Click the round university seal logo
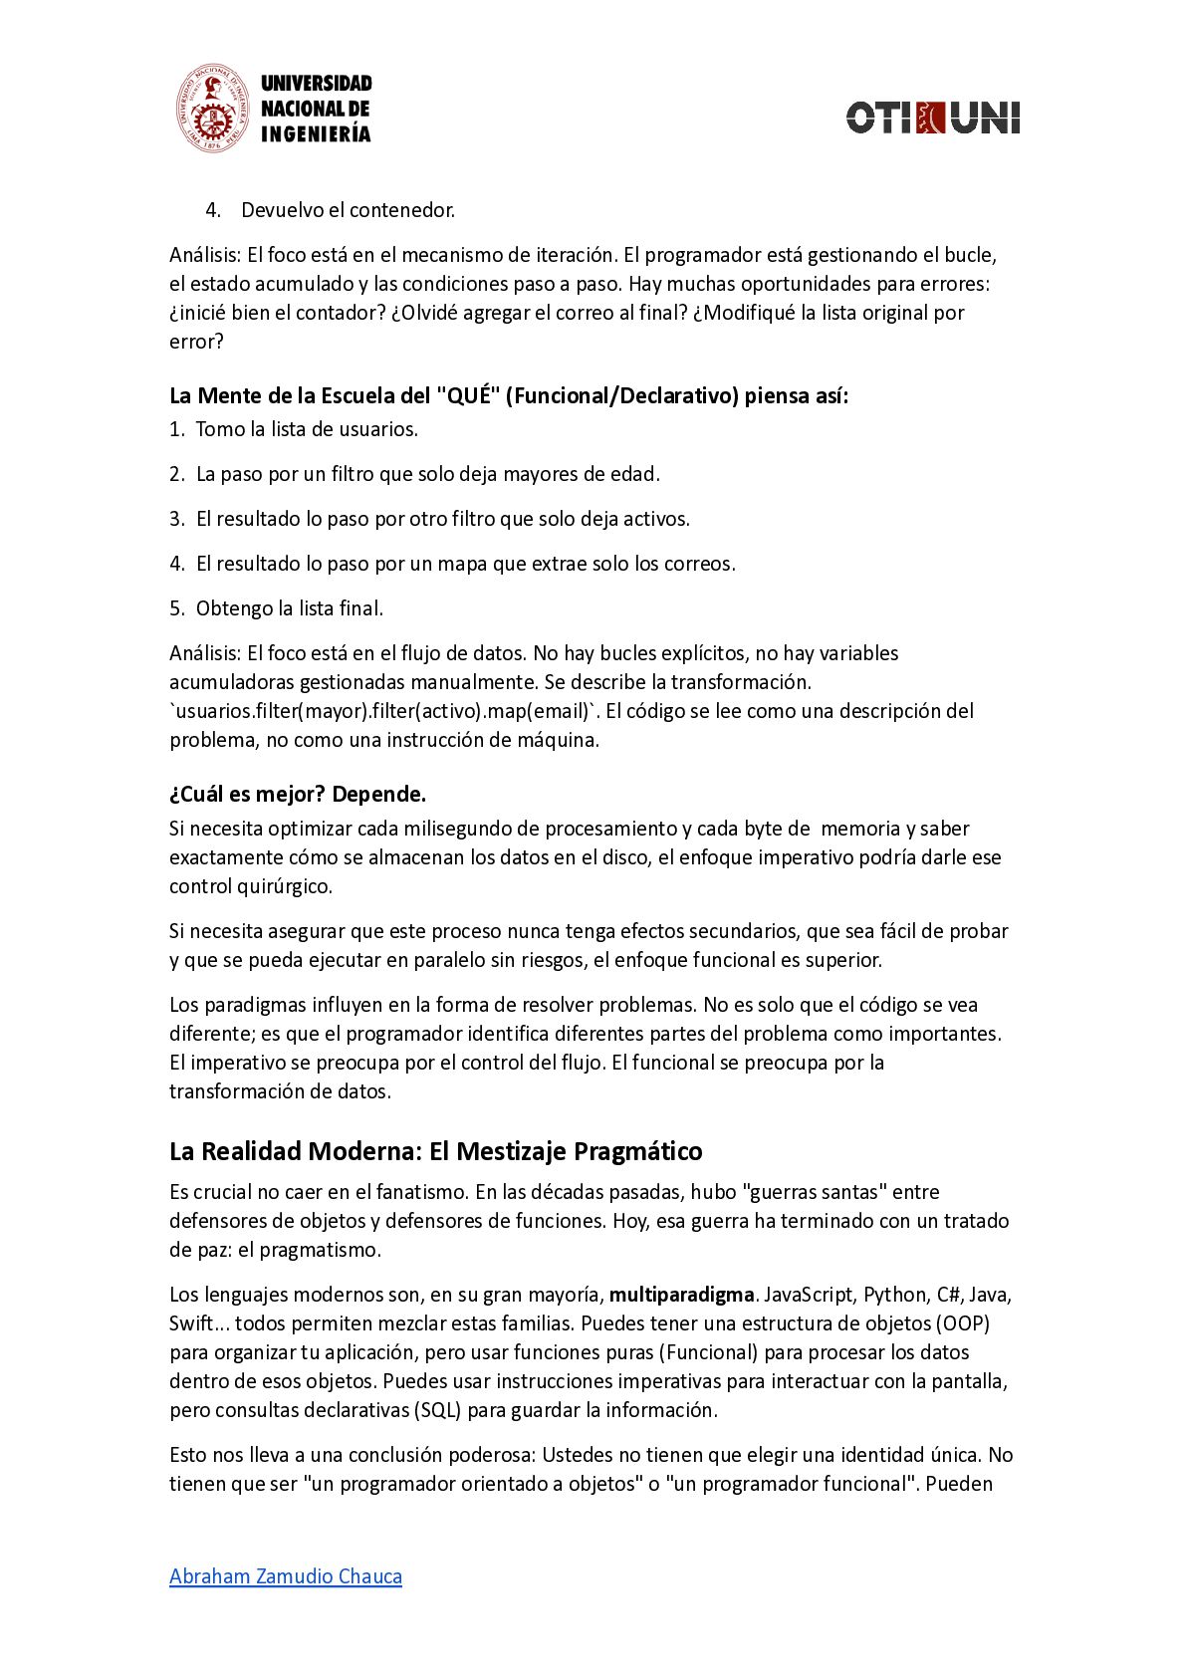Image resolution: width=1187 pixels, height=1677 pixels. click(x=212, y=109)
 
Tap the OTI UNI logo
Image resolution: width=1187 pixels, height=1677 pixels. click(x=933, y=118)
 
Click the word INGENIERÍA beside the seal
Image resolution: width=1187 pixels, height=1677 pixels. click(x=316, y=134)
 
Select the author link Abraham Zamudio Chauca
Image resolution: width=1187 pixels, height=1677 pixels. click(x=286, y=1576)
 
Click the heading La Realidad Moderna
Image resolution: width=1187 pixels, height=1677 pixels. click(x=435, y=1151)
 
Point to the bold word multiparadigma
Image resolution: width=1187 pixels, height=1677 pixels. click(x=681, y=1295)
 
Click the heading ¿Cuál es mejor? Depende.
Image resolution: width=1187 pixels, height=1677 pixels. click(x=298, y=794)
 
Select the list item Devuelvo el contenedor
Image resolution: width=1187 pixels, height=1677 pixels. click(x=348, y=210)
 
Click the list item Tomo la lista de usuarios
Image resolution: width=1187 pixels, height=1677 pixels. click(x=307, y=429)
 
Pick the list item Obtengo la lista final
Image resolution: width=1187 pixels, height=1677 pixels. click(x=289, y=608)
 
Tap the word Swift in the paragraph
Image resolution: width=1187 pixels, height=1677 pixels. click(x=191, y=1323)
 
